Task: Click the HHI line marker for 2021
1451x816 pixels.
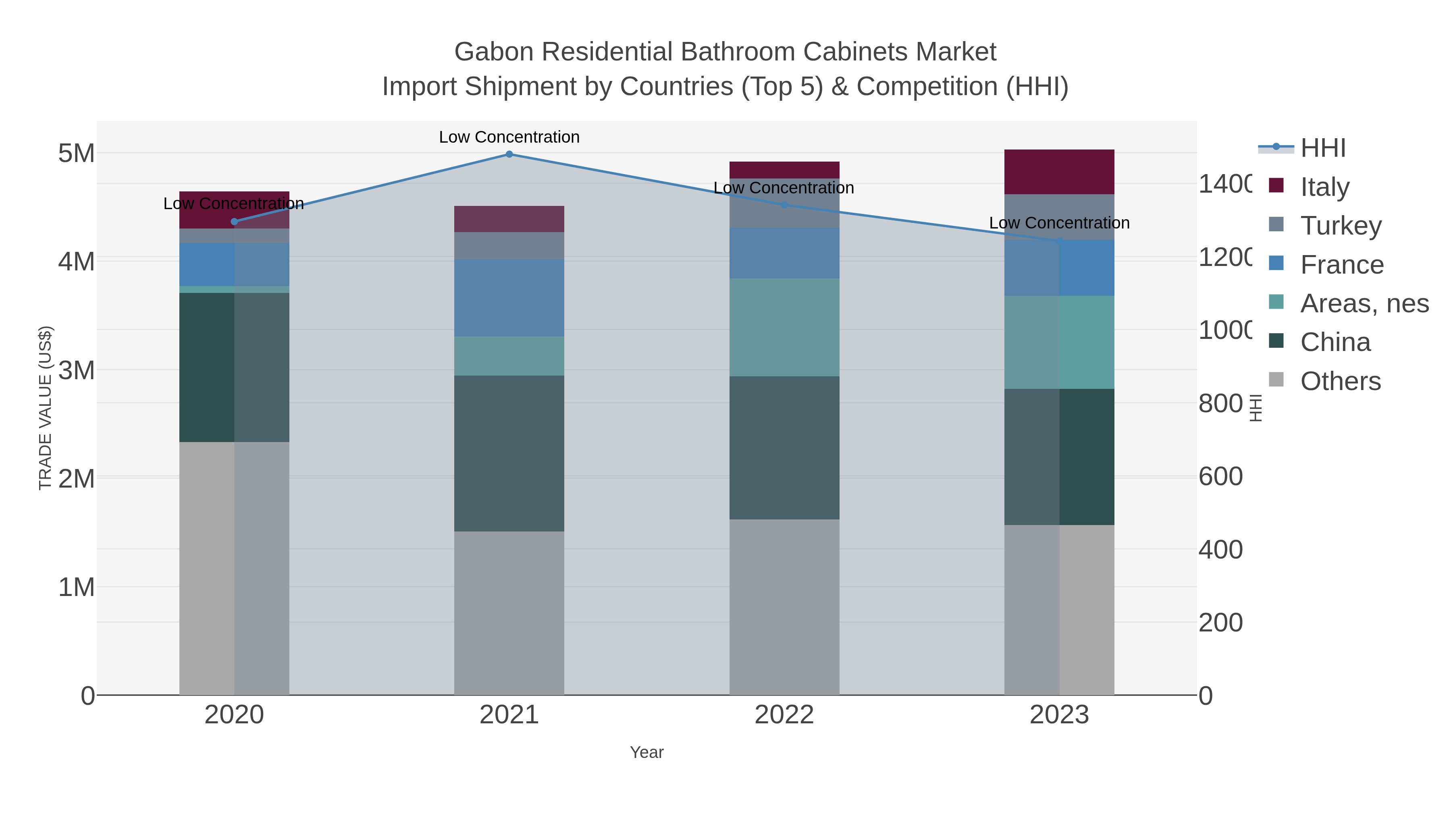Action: (509, 154)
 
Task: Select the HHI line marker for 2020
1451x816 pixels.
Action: (234, 221)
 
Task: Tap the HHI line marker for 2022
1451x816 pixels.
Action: (784, 205)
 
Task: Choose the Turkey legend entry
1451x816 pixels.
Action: (1340, 225)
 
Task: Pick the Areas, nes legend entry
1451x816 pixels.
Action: (1364, 303)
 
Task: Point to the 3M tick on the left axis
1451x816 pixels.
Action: (77, 370)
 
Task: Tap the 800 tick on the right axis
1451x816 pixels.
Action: (1220, 403)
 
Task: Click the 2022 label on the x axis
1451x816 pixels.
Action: (784, 714)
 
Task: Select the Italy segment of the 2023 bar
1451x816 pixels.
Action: (1059, 172)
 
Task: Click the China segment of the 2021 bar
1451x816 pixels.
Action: (509, 453)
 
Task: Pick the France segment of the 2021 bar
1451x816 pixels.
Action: (509, 298)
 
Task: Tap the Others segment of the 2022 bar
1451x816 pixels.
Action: (784, 607)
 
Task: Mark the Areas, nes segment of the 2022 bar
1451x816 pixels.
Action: (784, 327)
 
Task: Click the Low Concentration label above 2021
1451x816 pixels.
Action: (509, 137)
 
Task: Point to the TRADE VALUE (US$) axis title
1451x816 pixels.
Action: (45, 408)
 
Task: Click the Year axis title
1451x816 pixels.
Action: (647, 752)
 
